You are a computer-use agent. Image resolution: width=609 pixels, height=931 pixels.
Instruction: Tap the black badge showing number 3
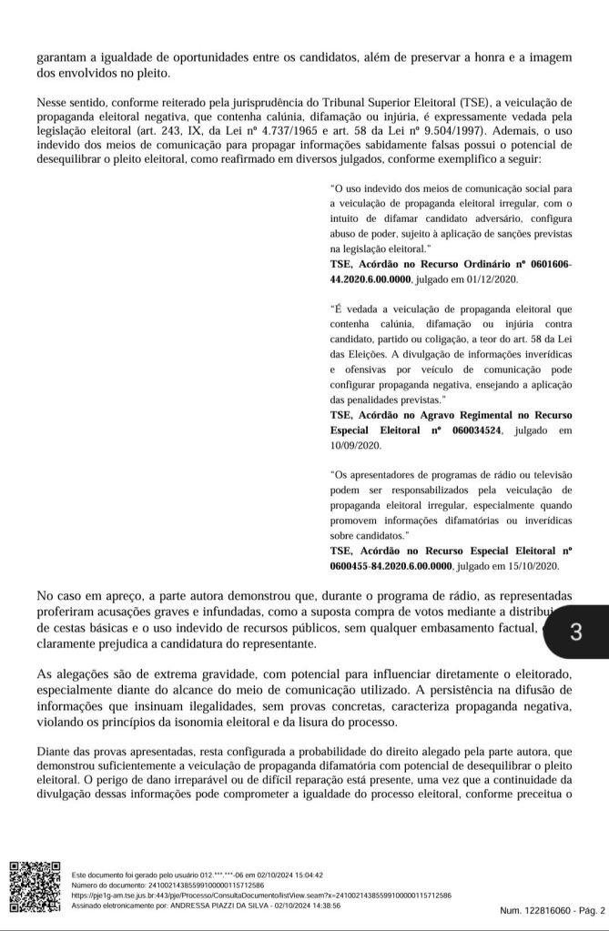574,632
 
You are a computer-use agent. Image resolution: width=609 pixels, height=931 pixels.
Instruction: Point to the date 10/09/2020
356,446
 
